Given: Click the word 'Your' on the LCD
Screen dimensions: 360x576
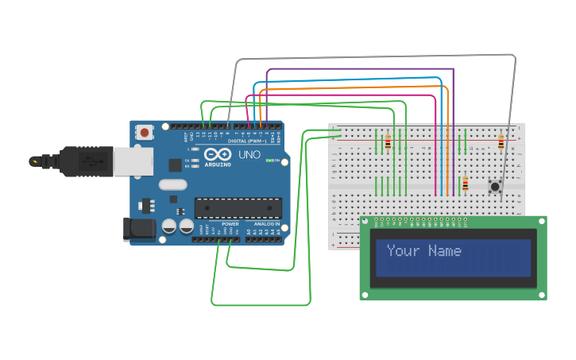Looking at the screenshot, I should click(403, 251).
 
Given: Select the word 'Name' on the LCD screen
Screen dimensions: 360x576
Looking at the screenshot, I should click(444, 251).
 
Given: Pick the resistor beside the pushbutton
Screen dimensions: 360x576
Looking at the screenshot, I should click(466, 185).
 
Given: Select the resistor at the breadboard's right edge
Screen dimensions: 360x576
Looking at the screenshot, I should click(501, 142).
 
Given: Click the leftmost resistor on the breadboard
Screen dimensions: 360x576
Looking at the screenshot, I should click(388, 142).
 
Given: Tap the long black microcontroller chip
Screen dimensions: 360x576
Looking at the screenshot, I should click(238, 207).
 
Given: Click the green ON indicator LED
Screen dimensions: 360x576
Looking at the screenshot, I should click(270, 161).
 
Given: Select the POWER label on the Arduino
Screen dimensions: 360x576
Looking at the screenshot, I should click(230, 224).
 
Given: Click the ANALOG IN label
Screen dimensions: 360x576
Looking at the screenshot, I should click(266, 224).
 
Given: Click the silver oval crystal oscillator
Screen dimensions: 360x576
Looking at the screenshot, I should click(172, 185).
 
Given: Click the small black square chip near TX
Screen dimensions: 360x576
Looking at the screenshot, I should click(175, 165).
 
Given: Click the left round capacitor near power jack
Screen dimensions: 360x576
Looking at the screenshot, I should click(169, 227).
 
